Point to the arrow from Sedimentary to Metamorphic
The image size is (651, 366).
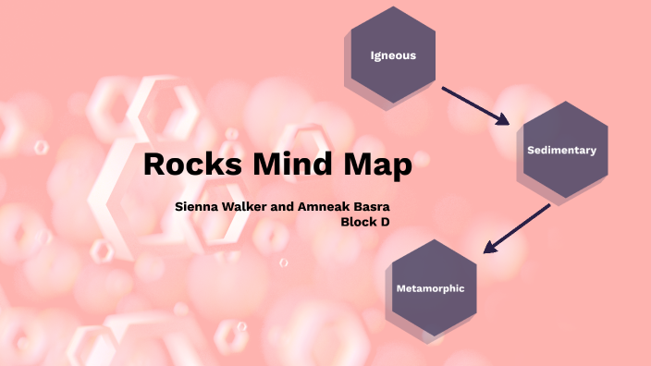(518, 227)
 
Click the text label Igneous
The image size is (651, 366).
(393, 55)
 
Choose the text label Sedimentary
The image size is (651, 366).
(561, 150)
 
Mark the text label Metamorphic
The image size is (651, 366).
(430, 288)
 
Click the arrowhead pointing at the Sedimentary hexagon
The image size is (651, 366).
(503, 120)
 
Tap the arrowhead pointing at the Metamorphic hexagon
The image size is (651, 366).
(489, 248)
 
